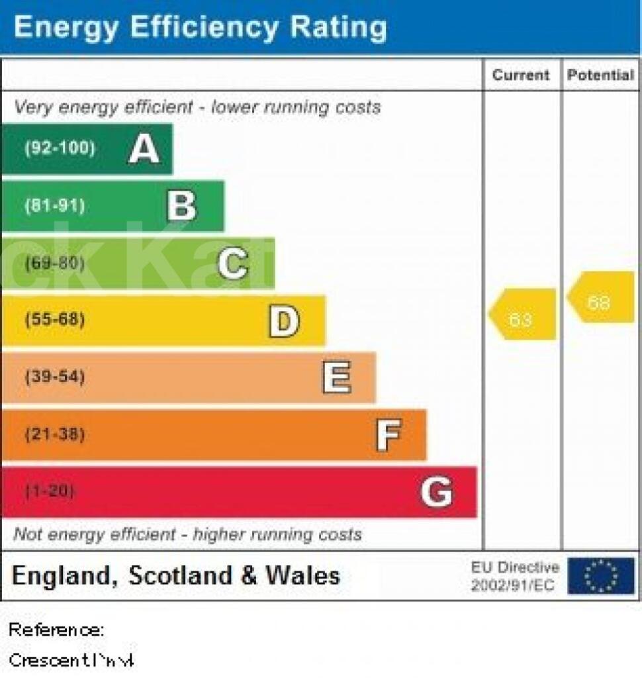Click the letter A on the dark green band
tap(144, 148)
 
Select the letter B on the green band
tap(181, 206)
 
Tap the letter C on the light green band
tap(233, 263)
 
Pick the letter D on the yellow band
tap(284, 320)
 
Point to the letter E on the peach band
tap(336, 377)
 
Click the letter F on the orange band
tap(388, 435)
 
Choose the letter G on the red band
tap(437, 492)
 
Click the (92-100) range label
tap(60, 148)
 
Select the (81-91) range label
tap(55, 206)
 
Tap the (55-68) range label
tap(55, 320)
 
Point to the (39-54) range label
tap(55, 377)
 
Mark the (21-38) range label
tap(55, 435)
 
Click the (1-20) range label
tap(50, 492)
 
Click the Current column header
tap(521, 75)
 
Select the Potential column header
tap(600, 75)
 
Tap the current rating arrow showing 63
tap(522, 315)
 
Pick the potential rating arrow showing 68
tap(600, 297)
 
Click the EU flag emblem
tap(600, 575)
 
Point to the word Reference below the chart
tap(56, 630)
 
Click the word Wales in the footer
tap(302, 575)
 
